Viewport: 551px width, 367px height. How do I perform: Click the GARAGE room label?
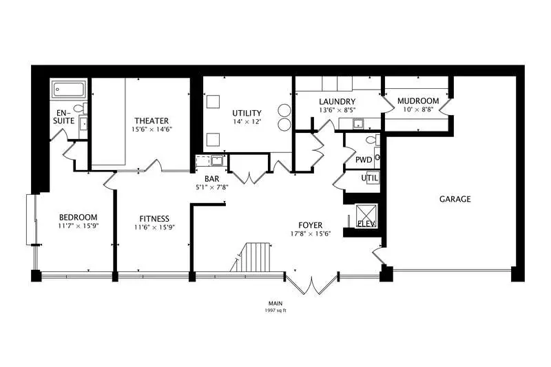coord(455,199)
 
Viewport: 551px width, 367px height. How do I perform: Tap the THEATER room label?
coord(152,120)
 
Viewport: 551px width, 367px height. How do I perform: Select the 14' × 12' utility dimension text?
coord(247,122)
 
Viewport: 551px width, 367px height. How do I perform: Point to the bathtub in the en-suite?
coord(68,90)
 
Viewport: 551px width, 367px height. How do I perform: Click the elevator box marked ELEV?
coord(366,216)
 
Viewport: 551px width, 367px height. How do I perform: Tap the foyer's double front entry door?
coord(312,284)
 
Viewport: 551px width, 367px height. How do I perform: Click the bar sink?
coord(217,160)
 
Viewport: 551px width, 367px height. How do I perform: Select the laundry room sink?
coord(358,124)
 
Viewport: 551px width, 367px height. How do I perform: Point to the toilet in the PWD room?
coord(373,140)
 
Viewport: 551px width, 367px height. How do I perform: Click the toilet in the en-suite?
coord(81,108)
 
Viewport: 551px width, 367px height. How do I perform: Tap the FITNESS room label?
coord(154,219)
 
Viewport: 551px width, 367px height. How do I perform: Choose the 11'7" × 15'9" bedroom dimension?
coord(79,226)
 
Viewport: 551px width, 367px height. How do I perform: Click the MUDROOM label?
coord(418,101)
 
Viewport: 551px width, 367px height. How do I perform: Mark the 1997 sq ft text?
coord(275,311)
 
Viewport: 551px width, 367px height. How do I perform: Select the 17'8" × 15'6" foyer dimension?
coord(311,233)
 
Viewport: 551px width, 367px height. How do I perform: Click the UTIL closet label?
coord(370,178)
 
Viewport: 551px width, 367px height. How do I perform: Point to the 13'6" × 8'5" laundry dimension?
coord(337,109)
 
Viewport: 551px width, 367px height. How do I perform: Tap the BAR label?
coord(212,179)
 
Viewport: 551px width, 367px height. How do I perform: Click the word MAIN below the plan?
coord(275,304)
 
